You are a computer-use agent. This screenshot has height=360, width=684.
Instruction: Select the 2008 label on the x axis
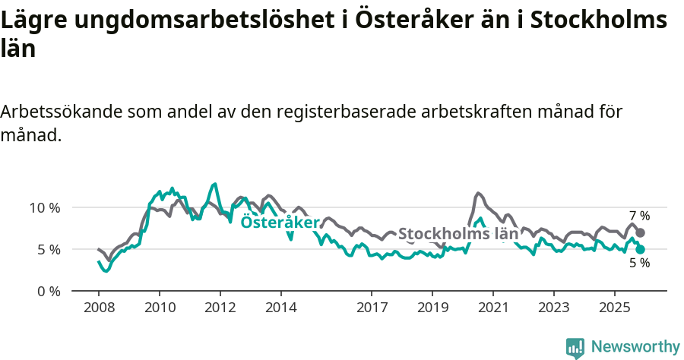click(x=99, y=308)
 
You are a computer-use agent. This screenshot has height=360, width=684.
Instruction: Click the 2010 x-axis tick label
click(x=160, y=308)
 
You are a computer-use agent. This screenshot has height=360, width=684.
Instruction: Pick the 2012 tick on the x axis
click(x=220, y=308)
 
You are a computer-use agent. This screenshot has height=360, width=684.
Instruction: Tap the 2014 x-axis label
click(x=280, y=308)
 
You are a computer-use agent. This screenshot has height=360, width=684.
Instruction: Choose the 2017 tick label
click(x=372, y=308)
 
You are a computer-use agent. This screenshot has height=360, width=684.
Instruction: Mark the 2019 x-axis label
click(x=432, y=308)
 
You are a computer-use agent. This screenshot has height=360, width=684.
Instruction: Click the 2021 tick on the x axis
click(x=493, y=308)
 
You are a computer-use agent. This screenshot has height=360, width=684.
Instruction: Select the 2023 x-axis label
click(x=553, y=308)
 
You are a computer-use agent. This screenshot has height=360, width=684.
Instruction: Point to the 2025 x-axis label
click(x=614, y=308)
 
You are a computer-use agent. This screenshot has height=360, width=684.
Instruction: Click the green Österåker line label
click(x=280, y=222)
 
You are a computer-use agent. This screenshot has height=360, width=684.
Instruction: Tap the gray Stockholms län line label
click(x=458, y=234)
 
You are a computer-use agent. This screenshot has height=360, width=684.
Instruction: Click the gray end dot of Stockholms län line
click(x=640, y=232)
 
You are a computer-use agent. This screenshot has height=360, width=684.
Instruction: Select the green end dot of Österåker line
click(x=640, y=249)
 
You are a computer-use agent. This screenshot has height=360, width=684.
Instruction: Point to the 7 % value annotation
click(x=639, y=216)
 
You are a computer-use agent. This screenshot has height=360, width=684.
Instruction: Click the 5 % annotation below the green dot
click(x=639, y=263)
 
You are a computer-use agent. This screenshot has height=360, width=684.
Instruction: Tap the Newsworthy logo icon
click(x=575, y=347)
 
